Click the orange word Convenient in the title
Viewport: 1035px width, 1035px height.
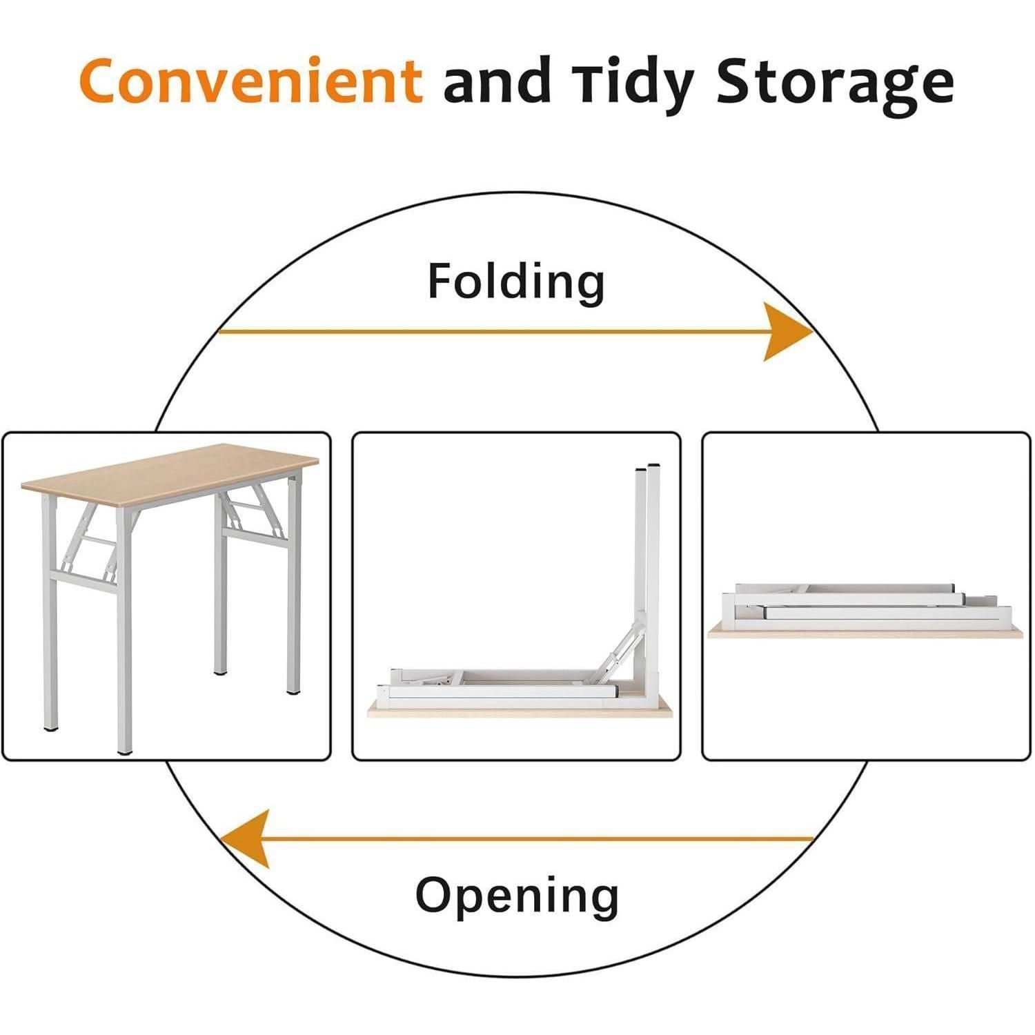[250, 80]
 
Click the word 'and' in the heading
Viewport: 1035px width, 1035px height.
[497, 81]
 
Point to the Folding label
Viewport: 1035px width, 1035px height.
[516, 282]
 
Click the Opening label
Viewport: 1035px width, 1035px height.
[517, 896]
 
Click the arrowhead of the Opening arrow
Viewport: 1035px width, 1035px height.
[245, 839]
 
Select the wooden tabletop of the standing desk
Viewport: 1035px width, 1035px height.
[170, 476]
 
